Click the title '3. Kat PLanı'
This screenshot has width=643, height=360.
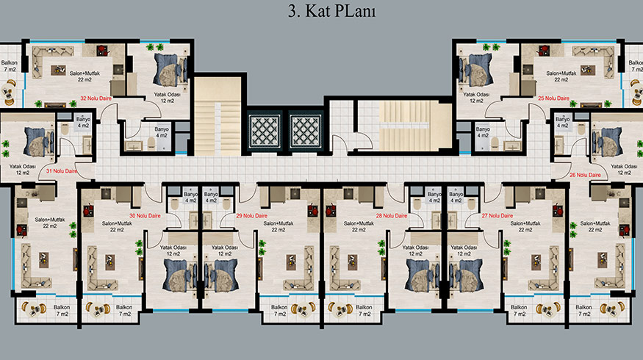(x=331, y=12)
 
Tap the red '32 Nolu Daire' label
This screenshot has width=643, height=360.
(x=96, y=98)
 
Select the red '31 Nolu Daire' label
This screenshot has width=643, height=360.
(x=62, y=171)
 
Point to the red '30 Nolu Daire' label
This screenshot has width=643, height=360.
(x=146, y=216)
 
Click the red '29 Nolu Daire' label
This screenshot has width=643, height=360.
(x=252, y=216)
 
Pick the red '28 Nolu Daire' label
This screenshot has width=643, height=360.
(x=392, y=216)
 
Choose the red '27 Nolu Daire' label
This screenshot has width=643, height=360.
(x=497, y=216)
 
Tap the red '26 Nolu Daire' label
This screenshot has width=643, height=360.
(x=585, y=175)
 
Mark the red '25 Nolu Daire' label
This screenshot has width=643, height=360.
(x=553, y=98)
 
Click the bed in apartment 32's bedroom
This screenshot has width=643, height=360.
(x=170, y=70)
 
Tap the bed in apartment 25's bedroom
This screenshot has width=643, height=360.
(x=475, y=70)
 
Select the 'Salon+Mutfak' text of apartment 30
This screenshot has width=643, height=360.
(x=117, y=223)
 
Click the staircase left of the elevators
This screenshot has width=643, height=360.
(x=218, y=116)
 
